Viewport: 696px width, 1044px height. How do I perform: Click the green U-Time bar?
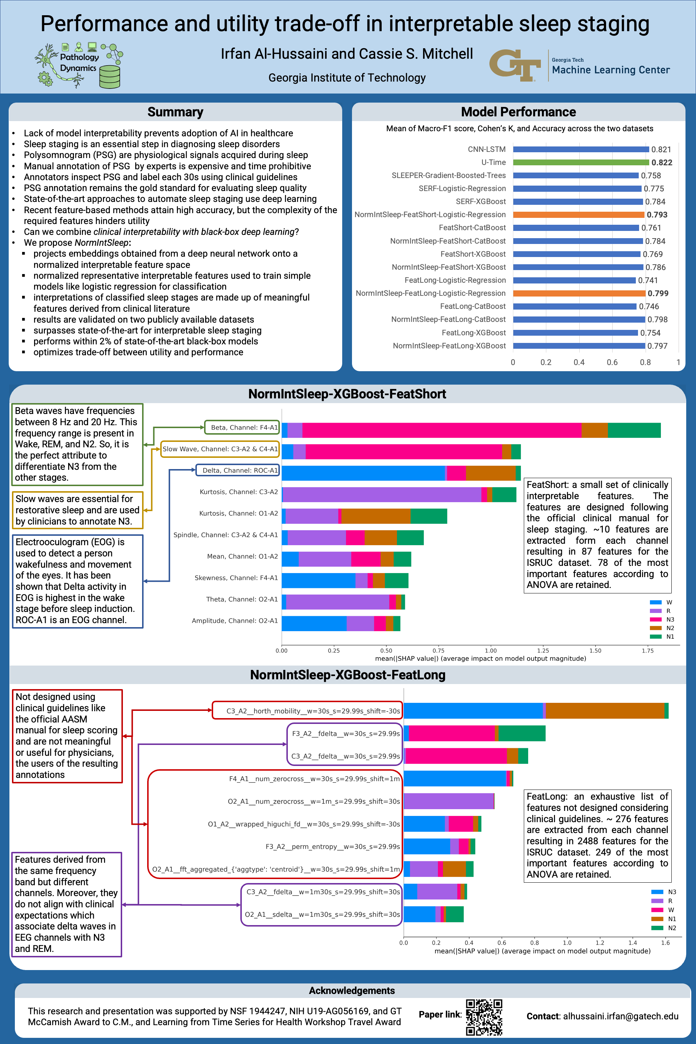pyautogui.click(x=581, y=162)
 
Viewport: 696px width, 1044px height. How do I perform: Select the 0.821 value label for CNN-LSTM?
pyautogui.click(x=661, y=150)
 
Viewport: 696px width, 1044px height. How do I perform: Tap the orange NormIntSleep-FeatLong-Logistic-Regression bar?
pyautogui.click(x=579, y=293)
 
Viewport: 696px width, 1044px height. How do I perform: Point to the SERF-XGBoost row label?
pyautogui.click(x=481, y=202)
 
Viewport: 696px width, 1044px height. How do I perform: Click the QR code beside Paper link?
pyautogui.click(x=484, y=1017)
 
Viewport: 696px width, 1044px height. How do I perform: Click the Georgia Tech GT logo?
pyautogui.click(x=515, y=65)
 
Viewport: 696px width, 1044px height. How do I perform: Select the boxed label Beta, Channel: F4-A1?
pyautogui.click(x=242, y=427)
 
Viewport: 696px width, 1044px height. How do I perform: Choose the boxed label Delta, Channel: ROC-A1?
pyautogui.click(x=238, y=471)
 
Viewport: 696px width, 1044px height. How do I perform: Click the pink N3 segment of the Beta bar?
pyautogui.click(x=442, y=430)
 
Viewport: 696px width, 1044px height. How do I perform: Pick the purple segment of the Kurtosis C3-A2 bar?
pyautogui.click(x=382, y=494)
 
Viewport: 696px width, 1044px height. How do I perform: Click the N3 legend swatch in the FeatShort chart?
pyautogui.click(x=656, y=619)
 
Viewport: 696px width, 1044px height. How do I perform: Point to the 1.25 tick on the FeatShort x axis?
pyautogui.click(x=543, y=651)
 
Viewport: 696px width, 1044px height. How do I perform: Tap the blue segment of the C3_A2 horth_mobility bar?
pyautogui.click(x=473, y=710)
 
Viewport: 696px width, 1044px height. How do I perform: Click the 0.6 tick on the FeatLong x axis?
pyautogui.click(x=502, y=943)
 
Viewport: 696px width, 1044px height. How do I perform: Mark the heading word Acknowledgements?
pyautogui.click(x=352, y=991)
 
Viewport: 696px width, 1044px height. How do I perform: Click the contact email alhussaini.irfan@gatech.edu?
pyautogui.click(x=620, y=1016)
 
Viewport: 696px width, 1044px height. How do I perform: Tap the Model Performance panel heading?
pyautogui.click(x=518, y=112)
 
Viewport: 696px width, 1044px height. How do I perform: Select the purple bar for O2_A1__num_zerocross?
pyautogui.click(x=449, y=801)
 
